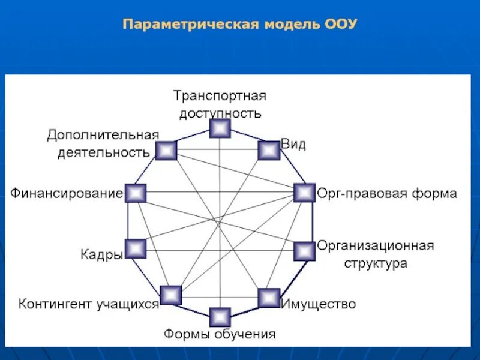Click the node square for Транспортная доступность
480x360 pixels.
pyautogui.click(x=220, y=128)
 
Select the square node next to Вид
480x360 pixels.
pyautogui.click(x=269, y=150)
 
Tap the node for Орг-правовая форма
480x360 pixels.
pyautogui.click(x=304, y=193)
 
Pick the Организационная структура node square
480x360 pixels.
pyautogui.click(x=304, y=251)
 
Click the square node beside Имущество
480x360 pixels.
pyautogui.click(x=269, y=298)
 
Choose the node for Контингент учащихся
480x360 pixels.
pyautogui.click(x=171, y=295)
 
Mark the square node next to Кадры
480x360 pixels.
pyautogui.click(x=136, y=249)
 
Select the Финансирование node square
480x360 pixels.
pyautogui.click(x=136, y=193)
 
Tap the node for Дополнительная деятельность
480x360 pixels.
pyautogui.click(x=166, y=150)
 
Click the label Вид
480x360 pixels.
pyautogui.click(x=294, y=145)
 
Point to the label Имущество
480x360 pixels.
pyautogui.click(x=319, y=304)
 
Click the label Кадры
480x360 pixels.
pyautogui.click(x=101, y=254)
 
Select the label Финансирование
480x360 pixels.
pyautogui.click(x=66, y=194)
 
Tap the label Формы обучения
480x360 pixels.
pyautogui.click(x=220, y=334)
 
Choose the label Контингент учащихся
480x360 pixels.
pyautogui.click(x=88, y=304)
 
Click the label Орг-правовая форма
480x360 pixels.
pyautogui.click(x=387, y=194)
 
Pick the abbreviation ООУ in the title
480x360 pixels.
pyautogui.click(x=341, y=25)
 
